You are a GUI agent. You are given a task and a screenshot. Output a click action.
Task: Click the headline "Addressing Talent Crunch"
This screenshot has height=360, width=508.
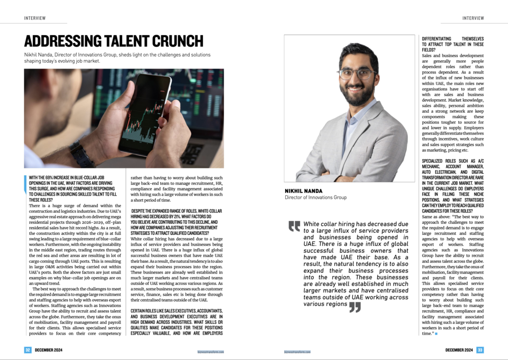pyautogui.click(x=114, y=41)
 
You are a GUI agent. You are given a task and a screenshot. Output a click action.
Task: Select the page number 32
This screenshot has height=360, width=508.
pyautogui.click(x=28, y=350)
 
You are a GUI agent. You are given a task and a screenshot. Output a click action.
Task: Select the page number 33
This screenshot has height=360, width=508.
pyautogui.click(x=480, y=350)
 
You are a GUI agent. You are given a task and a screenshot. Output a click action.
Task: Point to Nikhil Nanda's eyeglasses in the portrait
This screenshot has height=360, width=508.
pyautogui.click(x=356, y=74)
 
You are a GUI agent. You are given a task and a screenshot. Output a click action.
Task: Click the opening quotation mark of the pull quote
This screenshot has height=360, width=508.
pyautogui.click(x=295, y=226)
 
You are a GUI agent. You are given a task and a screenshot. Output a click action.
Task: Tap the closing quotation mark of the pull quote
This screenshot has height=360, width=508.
pyautogui.click(x=355, y=307)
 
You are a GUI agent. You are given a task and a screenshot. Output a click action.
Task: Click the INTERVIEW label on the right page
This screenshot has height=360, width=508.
pyautogui.click(x=473, y=18)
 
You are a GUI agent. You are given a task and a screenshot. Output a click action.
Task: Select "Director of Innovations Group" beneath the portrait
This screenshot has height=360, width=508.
pyautogui.click(x=316, y=198)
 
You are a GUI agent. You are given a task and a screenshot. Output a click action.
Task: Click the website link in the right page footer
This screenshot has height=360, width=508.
pyautogui.click(x=298, y=351)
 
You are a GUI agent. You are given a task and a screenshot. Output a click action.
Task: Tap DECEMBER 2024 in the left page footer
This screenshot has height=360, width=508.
pyautogui.click(x=49, y=350)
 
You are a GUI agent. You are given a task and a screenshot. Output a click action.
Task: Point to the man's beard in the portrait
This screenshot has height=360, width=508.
pyautogui.click(x=356, y=94)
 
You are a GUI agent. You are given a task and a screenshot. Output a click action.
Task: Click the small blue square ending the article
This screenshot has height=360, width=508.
pyautogui.click(x=436, y=333)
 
